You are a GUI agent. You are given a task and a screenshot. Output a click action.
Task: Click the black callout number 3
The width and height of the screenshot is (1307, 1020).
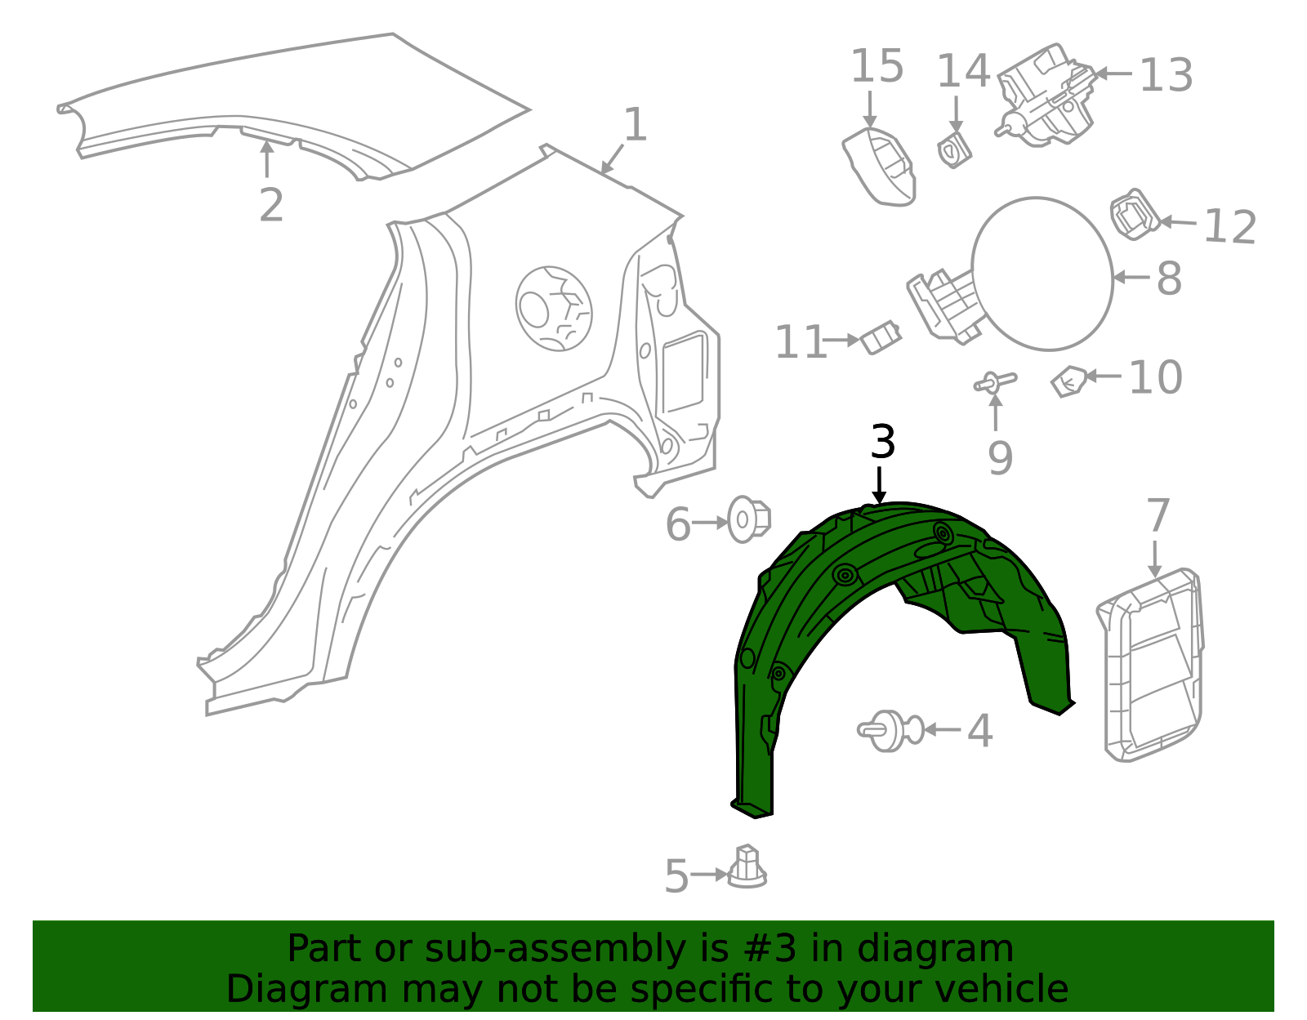pos(882,443)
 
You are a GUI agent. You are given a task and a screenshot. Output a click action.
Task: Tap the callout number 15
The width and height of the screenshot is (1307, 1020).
pos(877,67)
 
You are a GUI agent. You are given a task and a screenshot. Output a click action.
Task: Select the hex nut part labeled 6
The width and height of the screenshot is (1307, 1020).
pos(748,519)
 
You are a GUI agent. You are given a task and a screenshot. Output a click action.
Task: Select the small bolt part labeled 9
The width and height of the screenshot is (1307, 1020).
pos(996,382)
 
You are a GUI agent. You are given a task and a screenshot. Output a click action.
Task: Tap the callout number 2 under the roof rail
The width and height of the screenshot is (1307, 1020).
pos(270,205)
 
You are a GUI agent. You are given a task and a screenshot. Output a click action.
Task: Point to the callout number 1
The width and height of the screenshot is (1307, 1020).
pos(635,127)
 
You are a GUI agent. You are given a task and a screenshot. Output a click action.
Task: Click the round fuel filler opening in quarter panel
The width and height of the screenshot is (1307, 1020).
pos(554,308)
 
